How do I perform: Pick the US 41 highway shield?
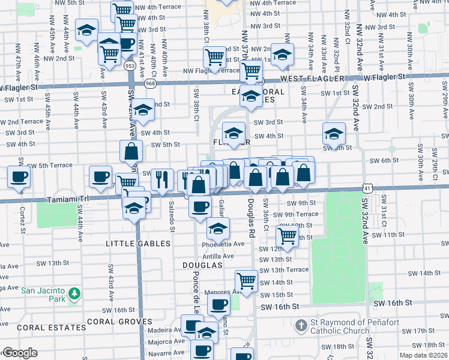coord(366,187)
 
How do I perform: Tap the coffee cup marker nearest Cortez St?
coord(18,177)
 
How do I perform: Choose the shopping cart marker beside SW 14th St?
coord(246,280)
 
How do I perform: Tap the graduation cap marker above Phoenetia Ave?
coord(218,227)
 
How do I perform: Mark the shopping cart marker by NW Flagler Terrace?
coord(214,58)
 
